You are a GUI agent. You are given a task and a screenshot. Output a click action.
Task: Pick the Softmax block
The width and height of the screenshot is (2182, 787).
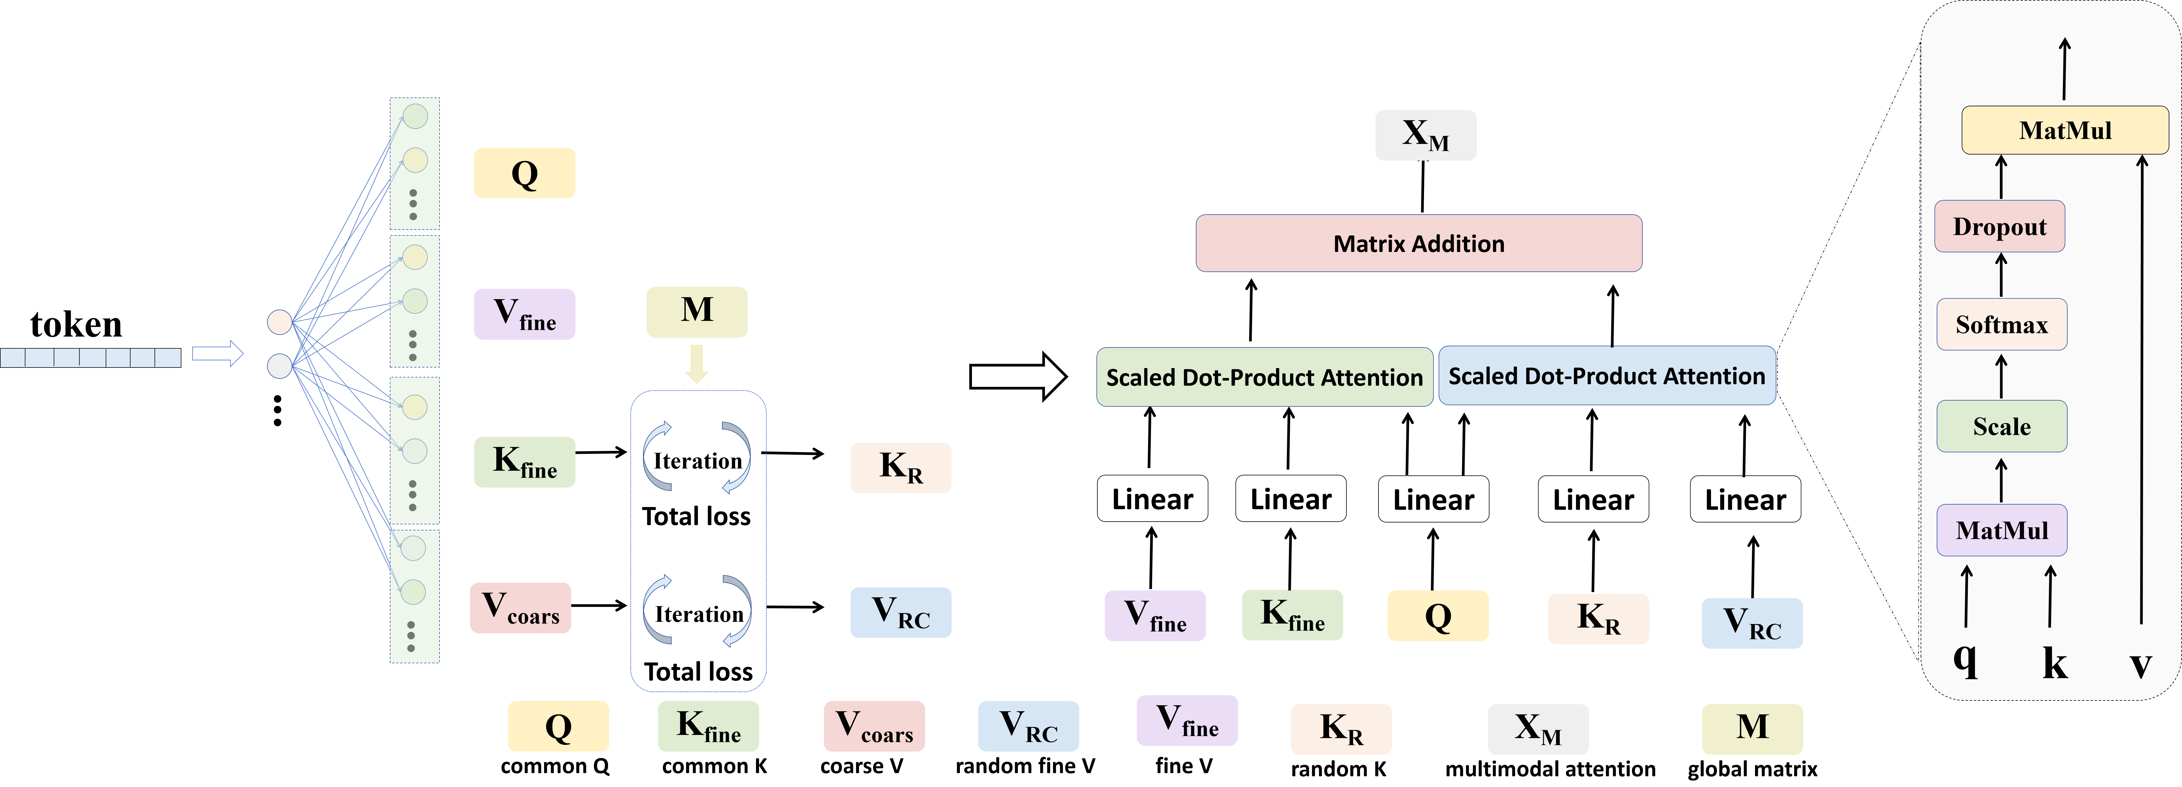pyautogui.click(x=2001, y=324)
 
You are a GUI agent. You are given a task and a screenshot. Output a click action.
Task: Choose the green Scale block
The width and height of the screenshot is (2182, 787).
pyautogui.click(x=2001, y=426)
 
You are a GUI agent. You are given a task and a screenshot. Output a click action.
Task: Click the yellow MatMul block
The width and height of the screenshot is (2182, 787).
pyautogui.click(x=2065, y=131)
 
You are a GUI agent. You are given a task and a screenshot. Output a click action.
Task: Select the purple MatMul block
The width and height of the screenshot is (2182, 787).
pyautogui.click(x=2001, y=530)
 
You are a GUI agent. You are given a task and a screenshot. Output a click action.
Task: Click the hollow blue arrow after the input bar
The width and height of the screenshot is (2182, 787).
pyautogui.click(x=218, y=354)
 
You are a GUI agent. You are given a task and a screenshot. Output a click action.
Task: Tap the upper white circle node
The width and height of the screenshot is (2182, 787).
pyautogui.click(x=280, y=322)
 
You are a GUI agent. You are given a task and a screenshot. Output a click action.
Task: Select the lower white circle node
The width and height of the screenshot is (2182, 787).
pyautogui.click(x=280, y=366)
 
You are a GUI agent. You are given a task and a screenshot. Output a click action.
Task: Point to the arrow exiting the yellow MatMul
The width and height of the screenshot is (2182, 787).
pyautogui.click(x=2065, y=69)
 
